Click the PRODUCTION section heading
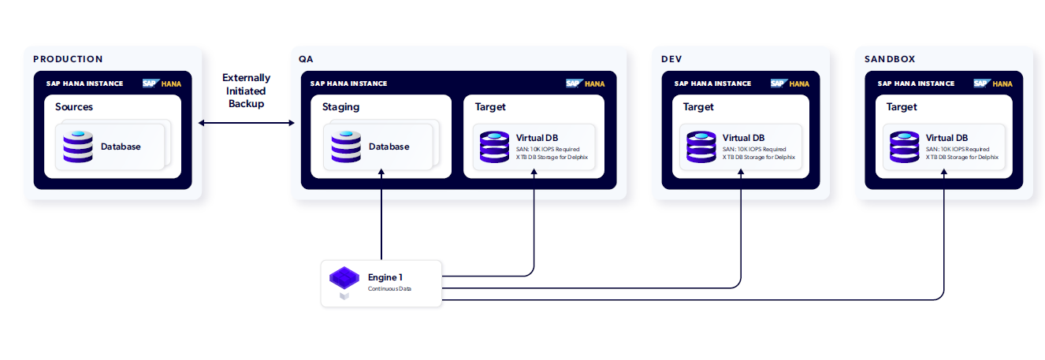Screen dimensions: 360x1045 [68, 59]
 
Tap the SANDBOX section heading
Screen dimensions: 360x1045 [890, 59]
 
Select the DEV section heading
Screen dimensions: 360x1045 [671, 59]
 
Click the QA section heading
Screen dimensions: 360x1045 [306, 59]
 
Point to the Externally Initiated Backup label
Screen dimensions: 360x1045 [246, 91]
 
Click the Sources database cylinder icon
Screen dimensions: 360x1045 [78, 147]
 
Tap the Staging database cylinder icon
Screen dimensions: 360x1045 [346, 147]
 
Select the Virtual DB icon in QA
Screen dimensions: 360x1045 [494, 147]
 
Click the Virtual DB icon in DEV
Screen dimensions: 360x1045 [701, 147]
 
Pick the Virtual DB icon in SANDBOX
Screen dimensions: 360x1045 [904, 147]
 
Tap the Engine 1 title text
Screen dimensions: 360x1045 [385, 277]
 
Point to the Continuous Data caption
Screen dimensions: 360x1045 [389, 289]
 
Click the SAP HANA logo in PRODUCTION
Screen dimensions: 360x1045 [161, 84]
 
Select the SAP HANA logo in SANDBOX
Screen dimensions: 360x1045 [992, 84]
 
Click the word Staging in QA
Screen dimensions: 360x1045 [340, 107]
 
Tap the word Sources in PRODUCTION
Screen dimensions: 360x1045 [74, 107]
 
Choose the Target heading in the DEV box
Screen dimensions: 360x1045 [698, 107]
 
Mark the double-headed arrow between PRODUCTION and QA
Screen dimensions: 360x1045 [246, 123]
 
